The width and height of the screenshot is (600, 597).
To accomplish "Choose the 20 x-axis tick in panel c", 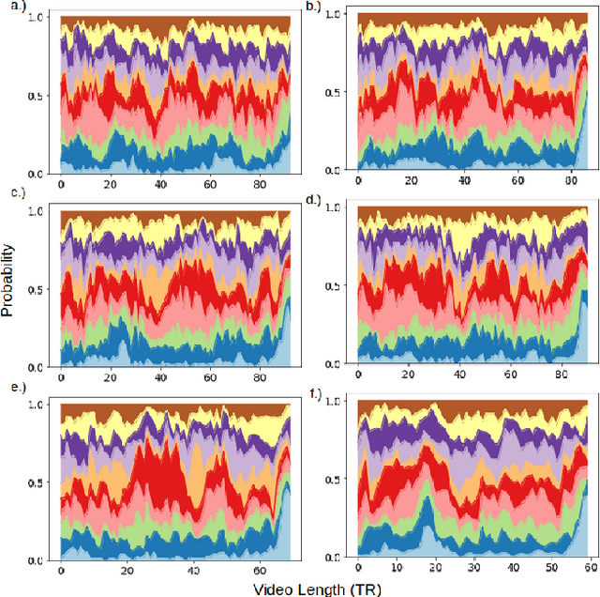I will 111,379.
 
